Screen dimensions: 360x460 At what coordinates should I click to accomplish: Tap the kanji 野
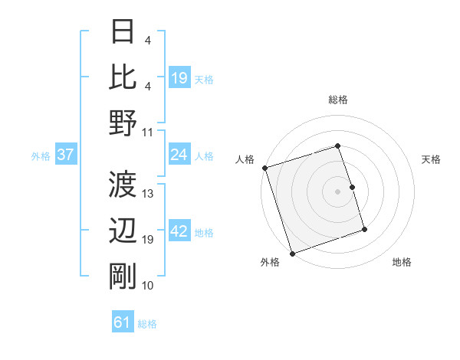point(123,122)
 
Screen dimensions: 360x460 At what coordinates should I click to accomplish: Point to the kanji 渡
point(123,185)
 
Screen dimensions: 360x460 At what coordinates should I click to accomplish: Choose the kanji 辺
point(123,230)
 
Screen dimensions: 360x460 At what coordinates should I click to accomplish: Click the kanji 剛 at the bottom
point(123,276)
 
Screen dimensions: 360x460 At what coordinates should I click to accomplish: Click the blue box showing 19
point(179,78)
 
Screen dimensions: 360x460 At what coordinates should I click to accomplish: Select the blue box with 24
point(179,155)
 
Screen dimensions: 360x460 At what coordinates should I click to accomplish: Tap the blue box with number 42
point(179,232)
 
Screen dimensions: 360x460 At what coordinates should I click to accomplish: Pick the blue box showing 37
point(66,155)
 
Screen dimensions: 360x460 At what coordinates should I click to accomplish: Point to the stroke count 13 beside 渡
point(149,194)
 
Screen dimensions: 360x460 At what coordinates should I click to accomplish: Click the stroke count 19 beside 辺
point(149,240)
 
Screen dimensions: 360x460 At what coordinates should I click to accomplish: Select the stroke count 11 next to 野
point(149,132)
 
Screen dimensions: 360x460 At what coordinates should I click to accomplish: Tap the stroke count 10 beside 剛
point(149,286)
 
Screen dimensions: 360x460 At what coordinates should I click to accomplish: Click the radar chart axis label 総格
point(337,100)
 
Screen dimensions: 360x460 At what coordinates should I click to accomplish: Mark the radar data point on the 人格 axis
point(264,168)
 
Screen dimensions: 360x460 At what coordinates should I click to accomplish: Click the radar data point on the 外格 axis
point(292,254)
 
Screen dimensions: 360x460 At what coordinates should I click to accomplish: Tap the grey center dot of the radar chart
point(337,191)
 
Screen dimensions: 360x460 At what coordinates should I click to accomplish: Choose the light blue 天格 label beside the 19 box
point(204,79)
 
